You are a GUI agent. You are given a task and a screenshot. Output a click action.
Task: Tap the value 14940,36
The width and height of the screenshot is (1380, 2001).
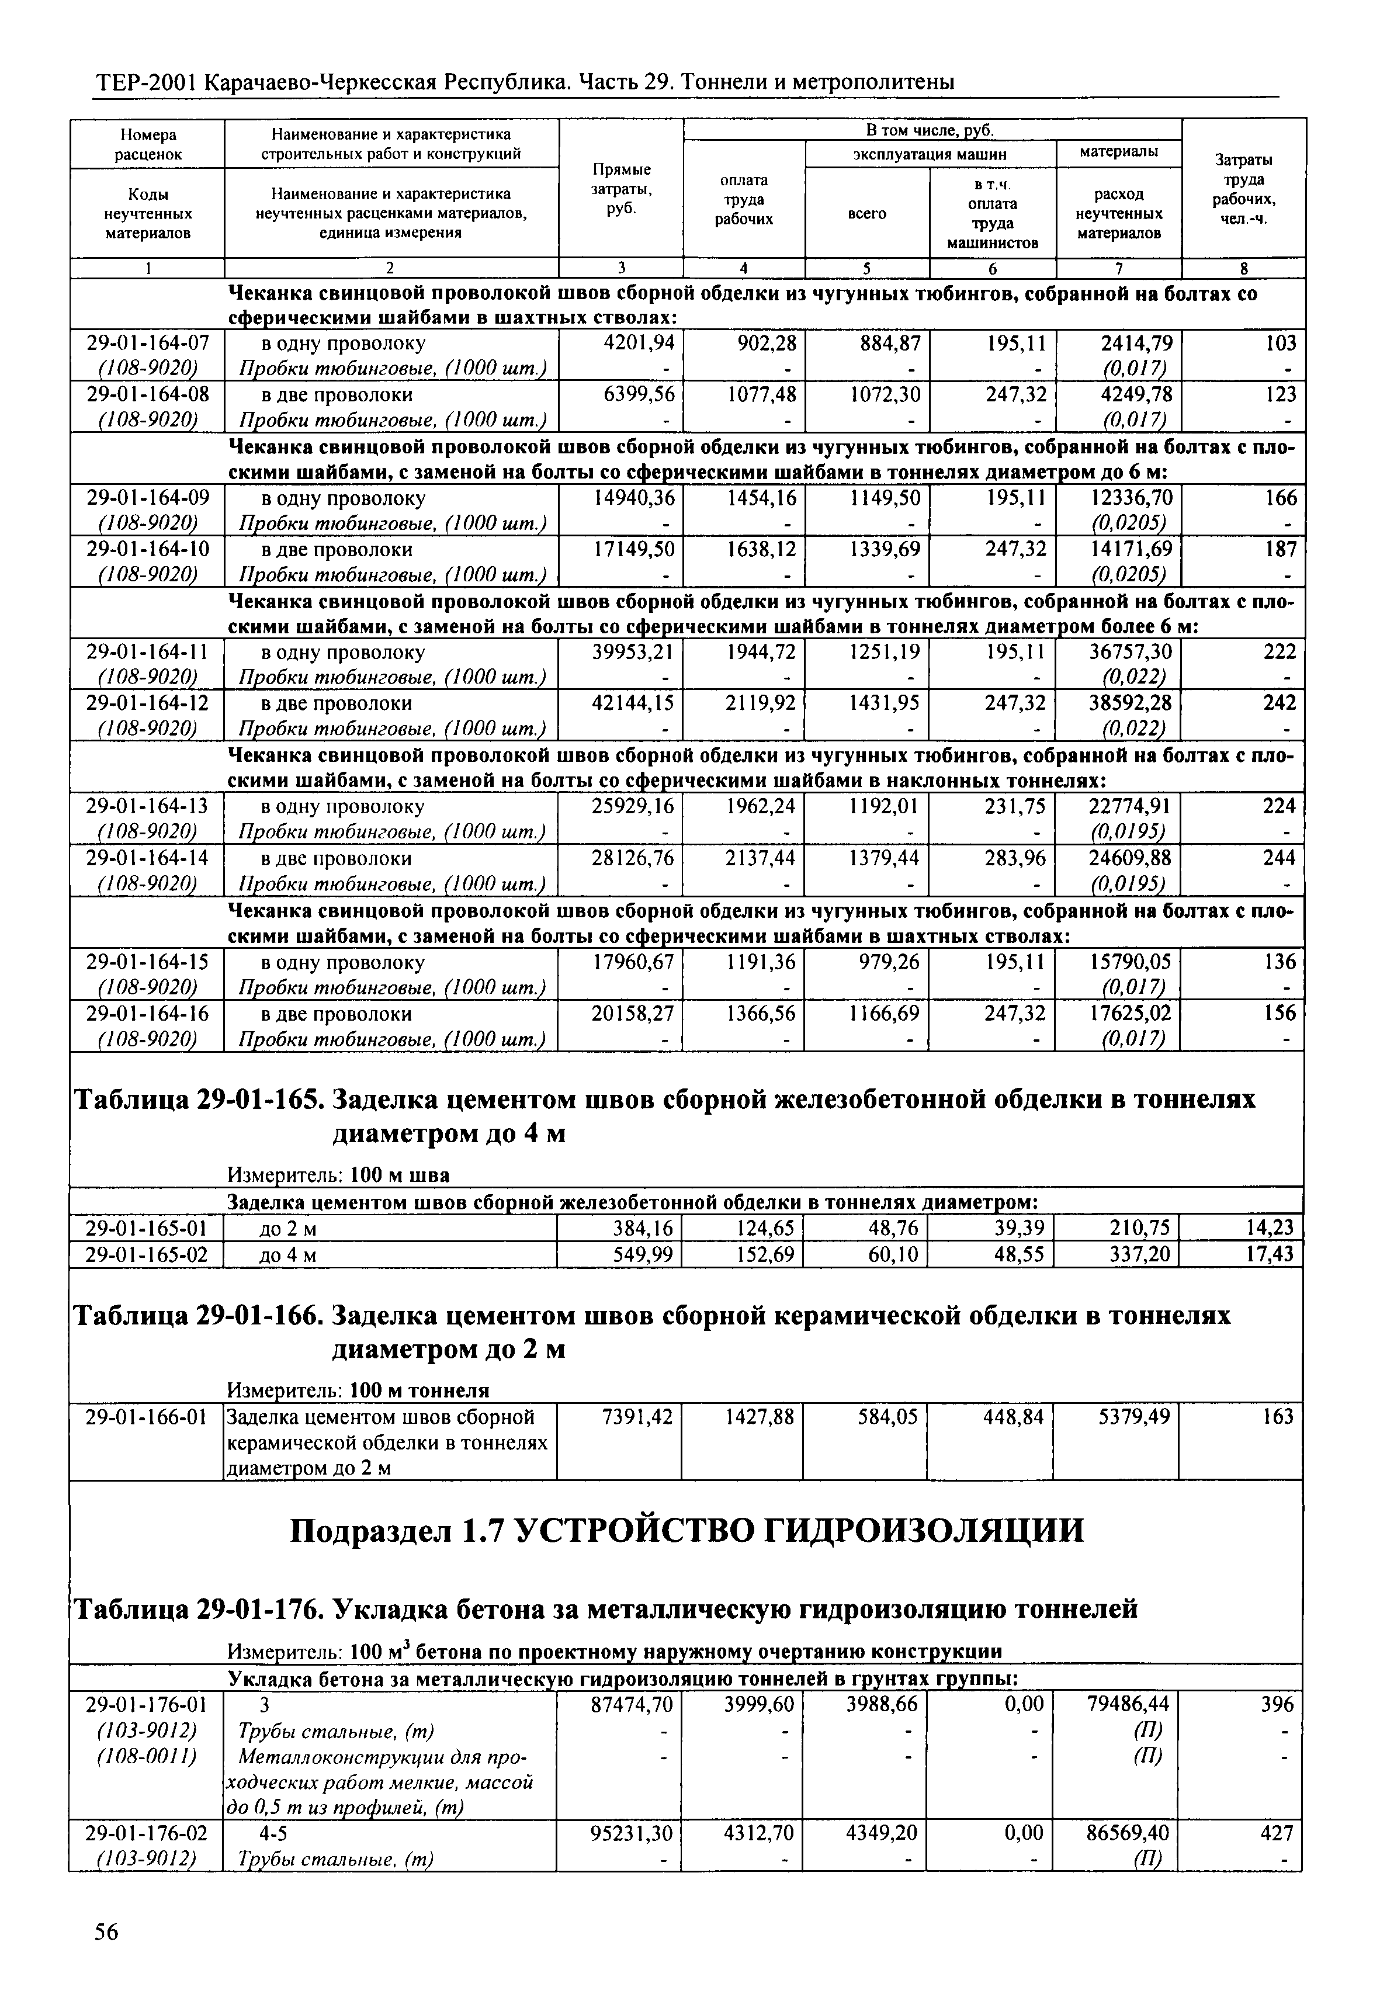(x=632, y=499)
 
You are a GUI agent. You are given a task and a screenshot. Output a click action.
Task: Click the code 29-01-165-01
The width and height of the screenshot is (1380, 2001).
(x=147, y=1229)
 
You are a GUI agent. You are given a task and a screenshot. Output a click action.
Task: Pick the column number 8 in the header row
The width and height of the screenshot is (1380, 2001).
(x=1243, y=269)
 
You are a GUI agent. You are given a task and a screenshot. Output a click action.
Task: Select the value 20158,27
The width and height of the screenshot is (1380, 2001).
(x=632, y=1014)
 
